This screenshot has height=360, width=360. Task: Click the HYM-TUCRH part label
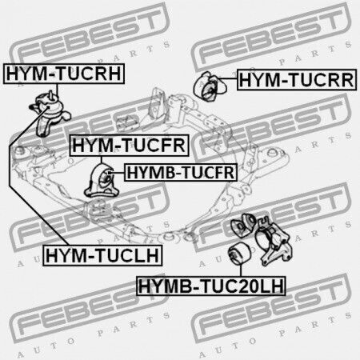(x=64, y=74)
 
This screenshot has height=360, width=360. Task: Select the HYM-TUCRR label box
(x=297, y=80)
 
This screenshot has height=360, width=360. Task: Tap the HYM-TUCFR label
(x=129, y=146)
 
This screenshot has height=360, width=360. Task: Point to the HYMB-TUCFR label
(x=181, y=173)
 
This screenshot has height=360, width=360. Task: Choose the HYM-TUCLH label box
(x=102, y=255)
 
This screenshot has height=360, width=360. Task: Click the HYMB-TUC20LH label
(x=210, y=286)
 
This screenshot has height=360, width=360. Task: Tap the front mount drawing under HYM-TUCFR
(x=101, y=181)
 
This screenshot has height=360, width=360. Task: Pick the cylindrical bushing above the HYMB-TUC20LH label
(x=239, y=254)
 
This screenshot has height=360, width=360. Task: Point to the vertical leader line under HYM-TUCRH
(x=57, y=90)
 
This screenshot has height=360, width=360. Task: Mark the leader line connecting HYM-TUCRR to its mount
(x=226, y=79)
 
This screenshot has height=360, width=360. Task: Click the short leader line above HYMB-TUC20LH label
(x=241, y=270)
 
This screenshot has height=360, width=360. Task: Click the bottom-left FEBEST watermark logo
(x=90, y=310)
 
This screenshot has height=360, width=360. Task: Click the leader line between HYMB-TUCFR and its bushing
(x=117, y=173)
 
